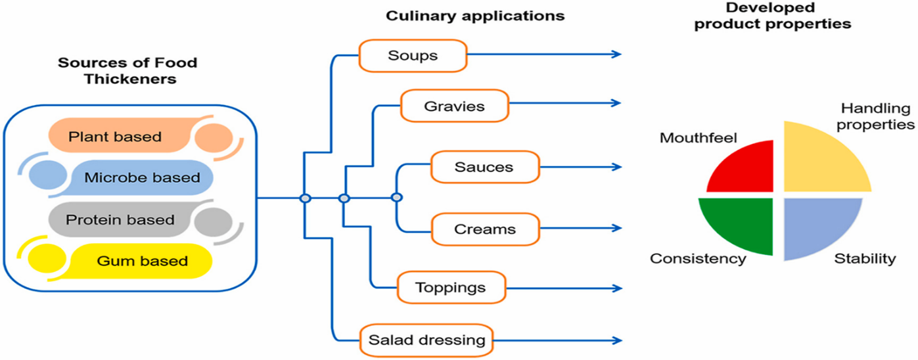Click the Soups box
413,55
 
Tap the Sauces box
484,167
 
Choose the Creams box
484,229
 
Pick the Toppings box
451,288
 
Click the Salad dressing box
426,340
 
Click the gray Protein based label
122,219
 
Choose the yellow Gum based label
142,261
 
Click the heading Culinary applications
474,16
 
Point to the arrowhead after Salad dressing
616,340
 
